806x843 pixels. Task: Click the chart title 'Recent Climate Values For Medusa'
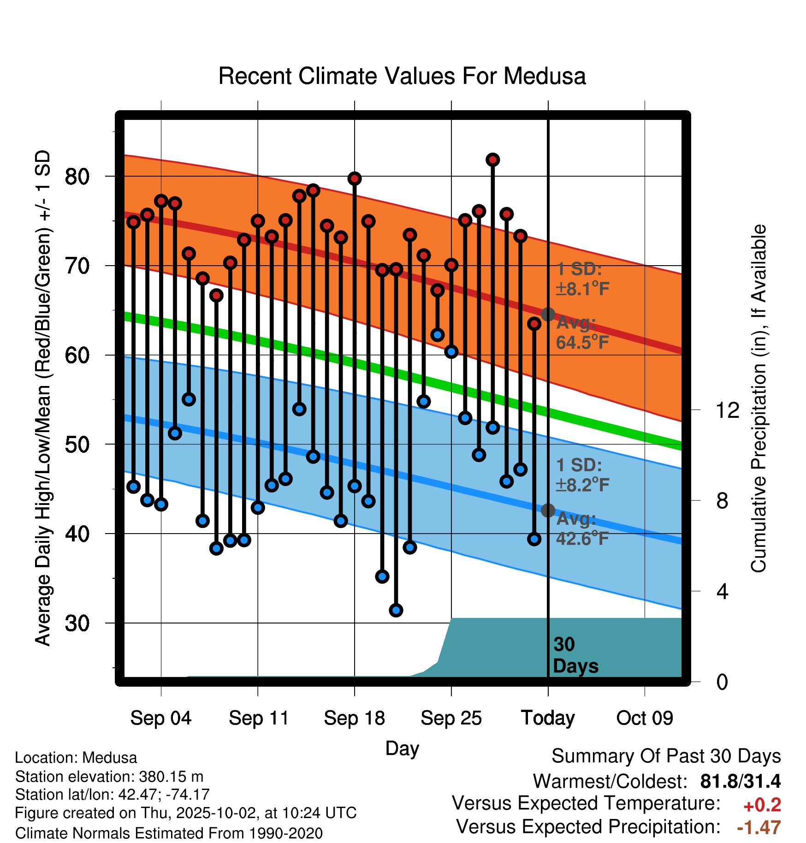(x=402, y=76)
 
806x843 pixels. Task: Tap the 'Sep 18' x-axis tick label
(x=354, y=718)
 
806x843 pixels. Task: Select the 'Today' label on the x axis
(x=548, y=718)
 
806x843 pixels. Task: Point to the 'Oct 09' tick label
(x=645, y=718)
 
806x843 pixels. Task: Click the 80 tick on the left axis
(x=77, y=177)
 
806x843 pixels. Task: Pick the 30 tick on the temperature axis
(x=77, y=623)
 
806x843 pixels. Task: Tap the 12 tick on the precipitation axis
(x=727, y=410)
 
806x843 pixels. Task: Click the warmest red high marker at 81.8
(x=493, y=160)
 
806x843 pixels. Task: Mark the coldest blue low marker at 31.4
(x=396, y=610)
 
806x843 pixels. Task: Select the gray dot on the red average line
(x=548, y=314)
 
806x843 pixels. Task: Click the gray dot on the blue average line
(x=548, y=510)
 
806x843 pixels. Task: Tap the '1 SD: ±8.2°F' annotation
(x=582, y=475)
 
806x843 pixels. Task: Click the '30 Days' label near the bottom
(x=575, y=655)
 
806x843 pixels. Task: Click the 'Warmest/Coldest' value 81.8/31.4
(x=740, y=781)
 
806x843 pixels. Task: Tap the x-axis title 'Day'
(x=402, y=748)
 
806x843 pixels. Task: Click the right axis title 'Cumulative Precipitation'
(x=759, y=399)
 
